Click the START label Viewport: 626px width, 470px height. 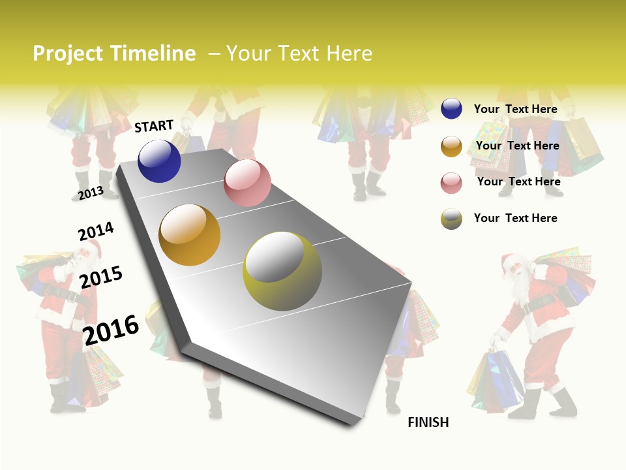click(154, 126)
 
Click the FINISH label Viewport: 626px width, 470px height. click(428, 422)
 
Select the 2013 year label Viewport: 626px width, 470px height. click(91, 193)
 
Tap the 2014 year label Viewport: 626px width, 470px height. click(96, 232)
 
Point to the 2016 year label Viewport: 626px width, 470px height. click(111, 330)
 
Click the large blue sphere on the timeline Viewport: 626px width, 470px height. click(159, 161)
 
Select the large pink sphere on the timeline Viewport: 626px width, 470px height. click(247, 183)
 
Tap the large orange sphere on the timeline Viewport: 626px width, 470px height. click(190, 235)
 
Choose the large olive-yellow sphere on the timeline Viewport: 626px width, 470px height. click(282, 271)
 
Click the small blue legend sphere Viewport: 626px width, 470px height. click(451, 108)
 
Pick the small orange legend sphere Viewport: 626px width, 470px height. click(451, 146)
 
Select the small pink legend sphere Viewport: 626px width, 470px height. click(451, 183)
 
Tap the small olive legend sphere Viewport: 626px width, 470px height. click(451, 219)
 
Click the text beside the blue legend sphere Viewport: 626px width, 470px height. click(515, 109)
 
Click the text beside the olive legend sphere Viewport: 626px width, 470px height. click(515, 218)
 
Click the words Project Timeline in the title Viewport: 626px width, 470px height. click(114, 54)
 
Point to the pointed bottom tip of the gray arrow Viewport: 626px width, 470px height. click(352, 424)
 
